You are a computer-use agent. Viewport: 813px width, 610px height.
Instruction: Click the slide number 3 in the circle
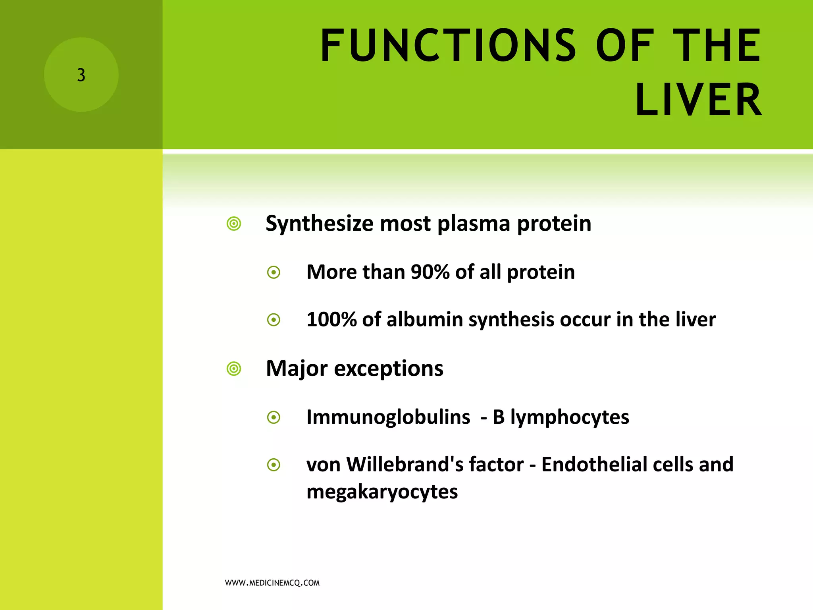[81, 75]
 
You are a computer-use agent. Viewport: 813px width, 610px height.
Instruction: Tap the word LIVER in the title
[698, 100]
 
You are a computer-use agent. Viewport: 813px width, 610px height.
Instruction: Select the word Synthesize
[320, 224]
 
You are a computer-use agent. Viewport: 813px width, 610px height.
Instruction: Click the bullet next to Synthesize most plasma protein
[234, 224]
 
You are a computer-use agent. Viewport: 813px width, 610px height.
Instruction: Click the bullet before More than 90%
[274, 272]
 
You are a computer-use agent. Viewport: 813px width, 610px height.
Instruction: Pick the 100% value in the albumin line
[331, 320]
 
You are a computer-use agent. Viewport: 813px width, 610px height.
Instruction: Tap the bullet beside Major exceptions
[234, 369]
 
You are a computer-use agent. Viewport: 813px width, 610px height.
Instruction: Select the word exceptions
[389, 369]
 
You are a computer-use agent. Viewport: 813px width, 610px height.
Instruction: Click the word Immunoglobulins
[388, 417]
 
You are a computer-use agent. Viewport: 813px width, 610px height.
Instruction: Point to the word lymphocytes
[570, 417]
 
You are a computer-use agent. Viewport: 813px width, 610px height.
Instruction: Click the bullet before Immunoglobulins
[274, 417]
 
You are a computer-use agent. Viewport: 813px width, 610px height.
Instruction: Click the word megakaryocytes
[382, 492]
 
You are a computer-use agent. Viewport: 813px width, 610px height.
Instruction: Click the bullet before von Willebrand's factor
[274, 465]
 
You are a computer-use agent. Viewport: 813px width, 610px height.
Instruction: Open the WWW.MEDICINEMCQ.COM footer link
[272, 583]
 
